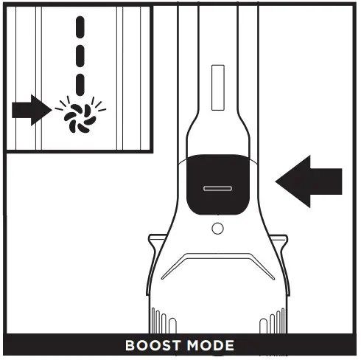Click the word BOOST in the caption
coord(154,345)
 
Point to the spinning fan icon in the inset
coord(74,117)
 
